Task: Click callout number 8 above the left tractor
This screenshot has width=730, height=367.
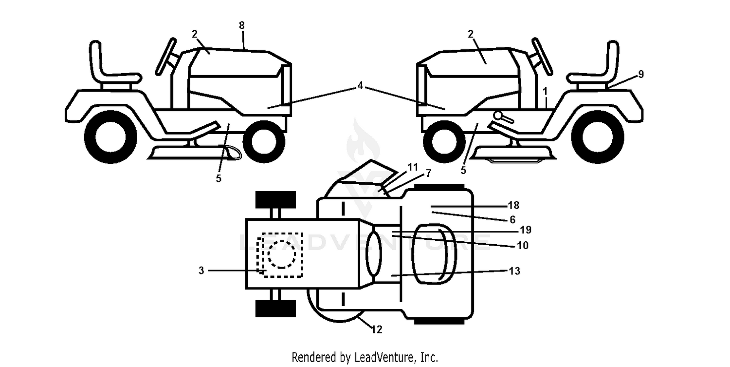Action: click(x=241, y=25)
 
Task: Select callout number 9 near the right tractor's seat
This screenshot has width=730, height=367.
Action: click(x=641, y=74)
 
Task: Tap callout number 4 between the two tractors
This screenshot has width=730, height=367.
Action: click(x=360, y=86)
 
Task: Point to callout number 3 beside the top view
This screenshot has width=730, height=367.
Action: click(x=201, y=270)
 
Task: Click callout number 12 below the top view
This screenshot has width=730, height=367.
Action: click(x=377, y=329)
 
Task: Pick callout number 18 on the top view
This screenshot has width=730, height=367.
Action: click(x=513, y=205)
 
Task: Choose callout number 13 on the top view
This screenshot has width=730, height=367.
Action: click(x=514, y=270)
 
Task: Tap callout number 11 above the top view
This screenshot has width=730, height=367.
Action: click(x=413, y=167)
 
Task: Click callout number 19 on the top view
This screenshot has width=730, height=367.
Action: click(x=525, y=230)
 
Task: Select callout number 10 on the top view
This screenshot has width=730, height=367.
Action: click(x=523, y=245)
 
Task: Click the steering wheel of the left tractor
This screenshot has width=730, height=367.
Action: click(x=166, y=56)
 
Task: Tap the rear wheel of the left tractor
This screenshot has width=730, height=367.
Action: click(x=111, y=137)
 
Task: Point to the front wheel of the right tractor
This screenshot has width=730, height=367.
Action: click(x=444, y=141)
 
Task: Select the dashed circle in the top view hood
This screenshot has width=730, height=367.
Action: click(x=282, y=254)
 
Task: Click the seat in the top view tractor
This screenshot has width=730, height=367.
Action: click(x=434, y=254)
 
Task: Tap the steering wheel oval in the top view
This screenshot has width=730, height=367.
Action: click(x=374, y=254)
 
